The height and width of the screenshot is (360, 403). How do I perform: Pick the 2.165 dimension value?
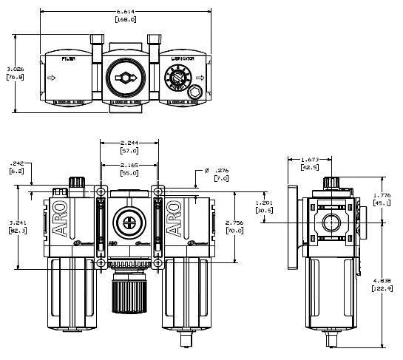[x=129, y=166]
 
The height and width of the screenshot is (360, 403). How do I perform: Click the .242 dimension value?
[x=16, y=166]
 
